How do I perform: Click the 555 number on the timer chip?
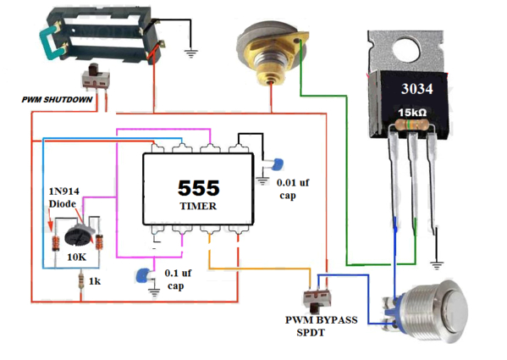point(199,188)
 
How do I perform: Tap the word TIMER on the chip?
point(198,206)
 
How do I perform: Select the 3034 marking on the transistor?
point(416,89)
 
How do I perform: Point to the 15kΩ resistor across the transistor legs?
point(412,124)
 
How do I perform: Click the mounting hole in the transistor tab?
point(406,50)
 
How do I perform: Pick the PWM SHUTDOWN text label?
point(57,100)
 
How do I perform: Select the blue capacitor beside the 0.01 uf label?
point(278,164)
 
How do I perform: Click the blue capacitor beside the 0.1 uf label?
point(142,275)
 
